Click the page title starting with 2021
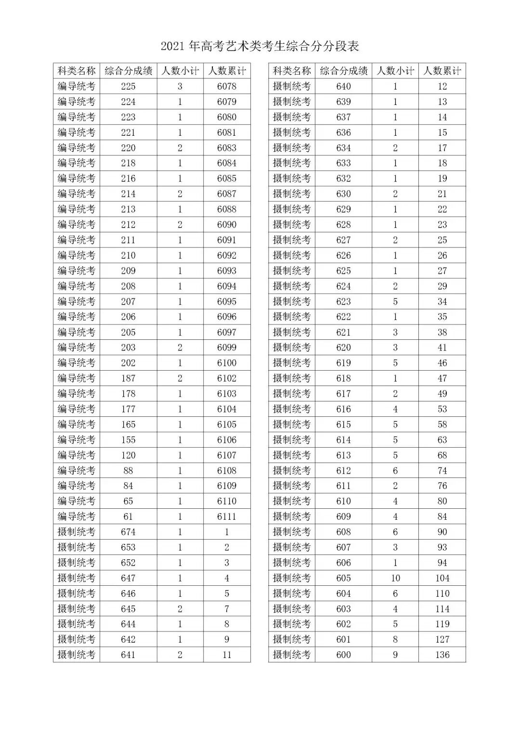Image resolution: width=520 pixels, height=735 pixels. tap(260, 46)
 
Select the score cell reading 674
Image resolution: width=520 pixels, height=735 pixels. tap(128, 532)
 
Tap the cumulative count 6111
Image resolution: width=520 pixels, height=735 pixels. tap(227, 516)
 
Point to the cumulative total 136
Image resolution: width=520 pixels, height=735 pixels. tap(442, 655)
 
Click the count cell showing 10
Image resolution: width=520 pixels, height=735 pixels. tap(395, 578)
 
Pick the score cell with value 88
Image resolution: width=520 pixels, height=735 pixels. tap(128, 470)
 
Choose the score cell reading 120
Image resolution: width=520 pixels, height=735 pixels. tap(128, 455)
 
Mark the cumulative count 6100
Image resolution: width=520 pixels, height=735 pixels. tap(227, 363)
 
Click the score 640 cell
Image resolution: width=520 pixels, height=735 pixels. tap(343, 86)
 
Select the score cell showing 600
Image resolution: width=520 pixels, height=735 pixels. tap(343, 655)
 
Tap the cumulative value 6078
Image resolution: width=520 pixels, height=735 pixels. tap(227, 86)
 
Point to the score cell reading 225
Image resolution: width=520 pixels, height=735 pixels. tap(128, 86)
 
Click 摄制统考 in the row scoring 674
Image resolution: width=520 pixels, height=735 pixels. tap(77, 532)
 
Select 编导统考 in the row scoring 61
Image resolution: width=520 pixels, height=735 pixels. tap(77, 516)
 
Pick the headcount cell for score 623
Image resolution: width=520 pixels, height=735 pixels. tap(395, 301)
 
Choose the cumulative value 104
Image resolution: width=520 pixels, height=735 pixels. tap(442, 578)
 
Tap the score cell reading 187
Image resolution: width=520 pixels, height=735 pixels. tap(128, 378)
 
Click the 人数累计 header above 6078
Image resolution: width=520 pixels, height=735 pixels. tap(227, 71)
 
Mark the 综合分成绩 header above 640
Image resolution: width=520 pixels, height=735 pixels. tap(343, 71)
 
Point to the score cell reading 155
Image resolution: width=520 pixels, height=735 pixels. tap(128, 439)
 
